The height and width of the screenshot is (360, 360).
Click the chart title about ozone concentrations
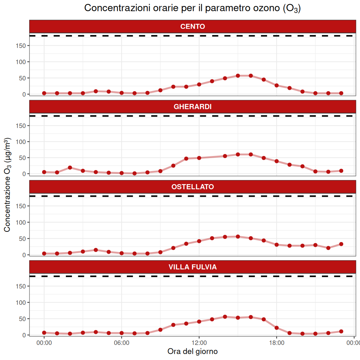click(x=192, y=8)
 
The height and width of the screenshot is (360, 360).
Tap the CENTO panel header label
click(x=192, y=26)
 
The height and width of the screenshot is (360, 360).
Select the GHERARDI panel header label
click(x=192, y=107)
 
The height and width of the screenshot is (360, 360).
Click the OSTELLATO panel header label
click(x=192, y=187)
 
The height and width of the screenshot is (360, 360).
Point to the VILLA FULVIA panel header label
click(x=192, y=267)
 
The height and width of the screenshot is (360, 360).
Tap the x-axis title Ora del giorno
click(x=192, y=351)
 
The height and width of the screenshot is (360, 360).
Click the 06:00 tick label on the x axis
click(x=121, y=343)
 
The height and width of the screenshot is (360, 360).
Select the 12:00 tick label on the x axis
click(x=199, y=343)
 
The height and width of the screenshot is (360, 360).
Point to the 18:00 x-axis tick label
click(x=277, y=343)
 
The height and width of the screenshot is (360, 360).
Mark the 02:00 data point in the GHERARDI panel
click(x=70, y=168)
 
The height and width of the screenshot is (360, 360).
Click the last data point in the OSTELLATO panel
click(x=341, y=244)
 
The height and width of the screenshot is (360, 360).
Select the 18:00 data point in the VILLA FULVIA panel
click(x=277, y=328)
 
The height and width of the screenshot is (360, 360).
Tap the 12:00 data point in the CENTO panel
click(x=199, y=84)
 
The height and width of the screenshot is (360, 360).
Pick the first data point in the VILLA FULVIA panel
click(x=44, y=333)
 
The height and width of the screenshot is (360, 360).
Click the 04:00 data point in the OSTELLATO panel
click(x=96, y=250)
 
